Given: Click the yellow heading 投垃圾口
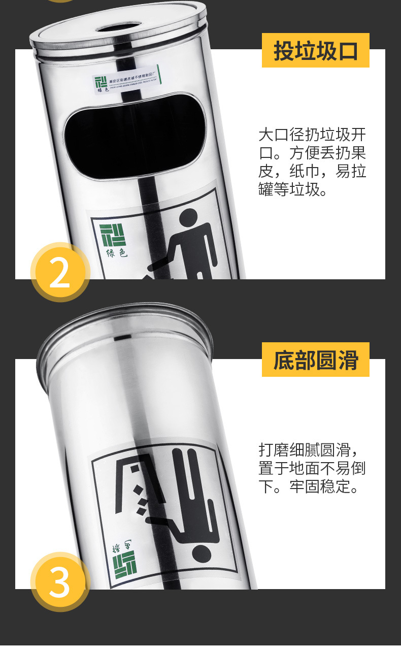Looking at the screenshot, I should coord(315,51).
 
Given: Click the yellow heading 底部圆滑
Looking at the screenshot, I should coord(315,360).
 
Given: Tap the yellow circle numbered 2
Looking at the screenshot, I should coord(59,273).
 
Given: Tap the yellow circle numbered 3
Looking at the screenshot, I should coord(59,582).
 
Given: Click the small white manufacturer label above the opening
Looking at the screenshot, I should coord(126,80).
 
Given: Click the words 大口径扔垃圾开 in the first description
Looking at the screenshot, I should coord(312,135).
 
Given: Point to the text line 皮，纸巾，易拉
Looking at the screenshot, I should coord(312,172).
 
